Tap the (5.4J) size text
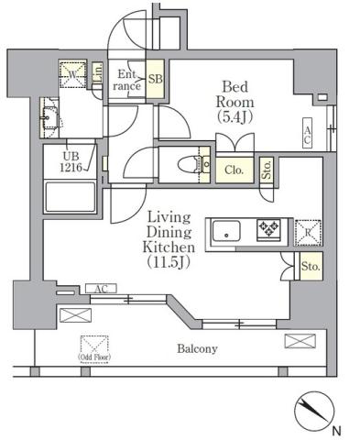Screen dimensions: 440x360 pos(235,116)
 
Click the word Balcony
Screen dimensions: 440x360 pos(198,348)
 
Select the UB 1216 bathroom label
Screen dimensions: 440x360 pos(72,162)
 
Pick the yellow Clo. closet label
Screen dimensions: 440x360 pos(234,169)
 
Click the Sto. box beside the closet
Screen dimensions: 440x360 pos(267,170)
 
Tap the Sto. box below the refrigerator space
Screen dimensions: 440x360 pos(310,267)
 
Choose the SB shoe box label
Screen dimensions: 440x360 pos(155,80)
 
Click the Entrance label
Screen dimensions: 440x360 pos(125,80)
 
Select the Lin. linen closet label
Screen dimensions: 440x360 pos(97,76)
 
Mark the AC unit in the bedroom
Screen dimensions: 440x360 pos(308,136)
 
